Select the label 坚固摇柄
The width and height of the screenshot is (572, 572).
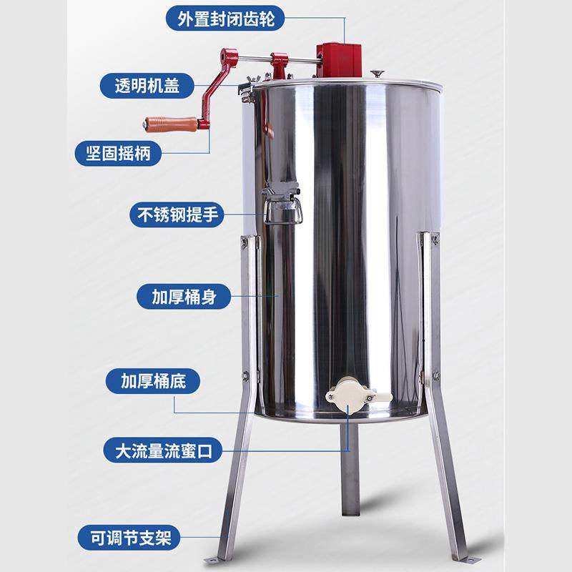pyautogui.click(x=119, y=152)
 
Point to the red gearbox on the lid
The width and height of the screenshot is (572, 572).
pyautogui.click(x=337, y=59)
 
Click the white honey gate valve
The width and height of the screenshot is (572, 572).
pyautogui.click(x=350, y=395)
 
